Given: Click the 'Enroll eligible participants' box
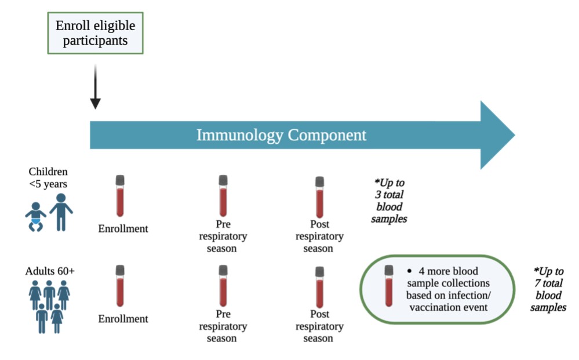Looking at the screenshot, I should click(x=95, y=34).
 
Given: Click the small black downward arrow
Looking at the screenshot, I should click(x=95, y=87).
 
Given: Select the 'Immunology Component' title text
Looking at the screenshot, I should click(x=281, y=135).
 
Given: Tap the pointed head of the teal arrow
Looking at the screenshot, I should click(x=496, y=135).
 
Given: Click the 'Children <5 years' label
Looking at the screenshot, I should click(x=48, y=177).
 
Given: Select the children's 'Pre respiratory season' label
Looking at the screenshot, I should click(x=223, y=236).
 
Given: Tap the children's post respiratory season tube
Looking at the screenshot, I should click(x=319, y=197).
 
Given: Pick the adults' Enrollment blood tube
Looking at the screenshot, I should click(x=120, y=285).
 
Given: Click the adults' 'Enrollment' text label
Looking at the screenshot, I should click(x=123, y=319).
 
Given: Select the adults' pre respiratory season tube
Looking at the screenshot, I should click(x=223, y=285).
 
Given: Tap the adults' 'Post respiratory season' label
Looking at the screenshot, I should click(x=319, y=326).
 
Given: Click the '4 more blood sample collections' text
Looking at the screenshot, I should click(x=448, y=289).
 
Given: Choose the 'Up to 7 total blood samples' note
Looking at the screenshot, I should click(x=548, y=289).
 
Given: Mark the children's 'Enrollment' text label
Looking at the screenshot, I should click(x=123, y=228).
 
